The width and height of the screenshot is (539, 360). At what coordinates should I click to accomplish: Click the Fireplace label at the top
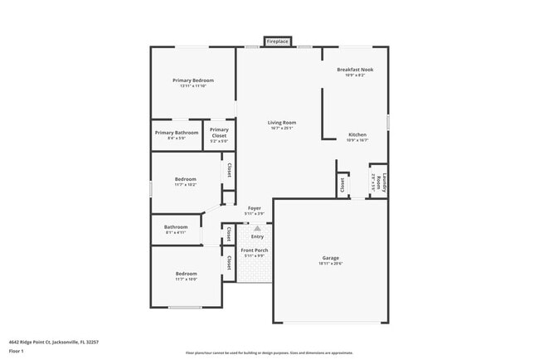coord(278,41)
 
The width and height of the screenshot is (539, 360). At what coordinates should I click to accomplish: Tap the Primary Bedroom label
coord(193,80)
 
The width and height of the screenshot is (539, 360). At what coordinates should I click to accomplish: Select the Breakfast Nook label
coord(354,70)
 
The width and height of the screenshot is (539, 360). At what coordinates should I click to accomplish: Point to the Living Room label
coord(282,123)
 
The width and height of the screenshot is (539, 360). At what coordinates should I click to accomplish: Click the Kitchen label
coord(357,134)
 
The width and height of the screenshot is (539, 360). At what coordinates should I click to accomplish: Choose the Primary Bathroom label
coord(176,133)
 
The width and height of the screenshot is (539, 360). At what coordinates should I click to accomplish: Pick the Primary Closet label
coord(219,130)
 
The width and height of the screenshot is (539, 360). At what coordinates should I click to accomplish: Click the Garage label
coord(331,258)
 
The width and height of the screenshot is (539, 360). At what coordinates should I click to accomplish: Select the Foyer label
coord(255,208)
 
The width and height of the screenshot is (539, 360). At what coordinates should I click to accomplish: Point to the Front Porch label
coord(255,250)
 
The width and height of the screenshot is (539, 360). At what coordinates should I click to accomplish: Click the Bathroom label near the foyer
coord(176,227)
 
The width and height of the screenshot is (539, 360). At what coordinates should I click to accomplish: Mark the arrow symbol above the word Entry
coord(257,228)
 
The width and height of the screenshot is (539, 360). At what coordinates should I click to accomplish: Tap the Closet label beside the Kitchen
coord(342,186)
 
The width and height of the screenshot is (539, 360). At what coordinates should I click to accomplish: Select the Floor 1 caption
coord(16,350)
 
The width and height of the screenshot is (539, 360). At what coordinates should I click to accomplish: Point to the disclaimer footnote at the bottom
coord(269,353)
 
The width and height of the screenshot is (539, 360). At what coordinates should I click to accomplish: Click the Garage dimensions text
coord(331,264)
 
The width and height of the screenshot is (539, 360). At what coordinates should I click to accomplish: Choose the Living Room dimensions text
coord(282,129)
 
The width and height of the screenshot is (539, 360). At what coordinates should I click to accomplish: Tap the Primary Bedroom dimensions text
coord(193,86)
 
